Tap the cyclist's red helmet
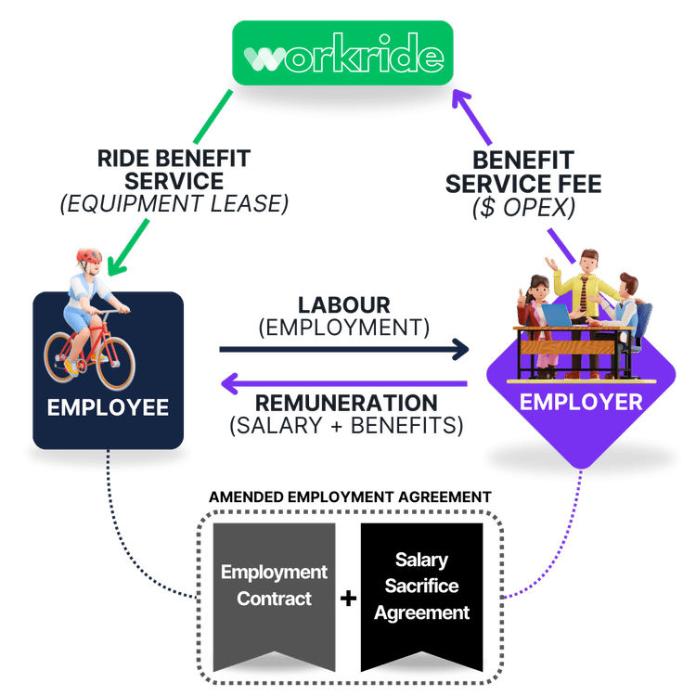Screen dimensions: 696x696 [x=89, y=257]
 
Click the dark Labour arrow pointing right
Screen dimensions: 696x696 [x=343, y=349]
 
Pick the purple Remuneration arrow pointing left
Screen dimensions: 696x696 [x=343, y=382]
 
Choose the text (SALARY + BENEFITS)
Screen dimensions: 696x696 [x=346, y=427]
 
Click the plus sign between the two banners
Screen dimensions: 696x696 [x=348, y=599]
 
